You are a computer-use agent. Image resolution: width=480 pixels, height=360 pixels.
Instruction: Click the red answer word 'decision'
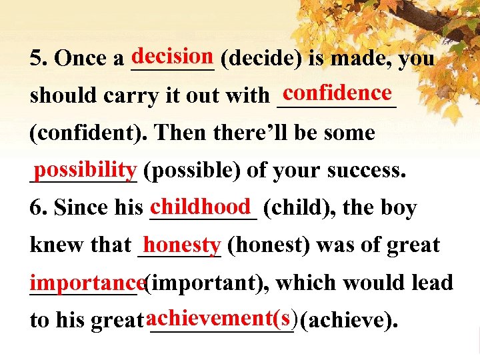[x=172, y=54]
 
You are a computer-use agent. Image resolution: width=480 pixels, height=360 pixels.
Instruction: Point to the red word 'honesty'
[x=181, y=243]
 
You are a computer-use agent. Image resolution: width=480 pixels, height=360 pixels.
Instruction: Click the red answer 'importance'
[x=86, y=281]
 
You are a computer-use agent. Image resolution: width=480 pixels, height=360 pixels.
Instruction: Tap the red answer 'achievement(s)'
[x=223, y=317]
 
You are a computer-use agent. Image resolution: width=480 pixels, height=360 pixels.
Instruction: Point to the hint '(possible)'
[x=192, y=171]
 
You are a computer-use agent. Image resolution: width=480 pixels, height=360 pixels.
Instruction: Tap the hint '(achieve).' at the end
[x=350, y=321]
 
